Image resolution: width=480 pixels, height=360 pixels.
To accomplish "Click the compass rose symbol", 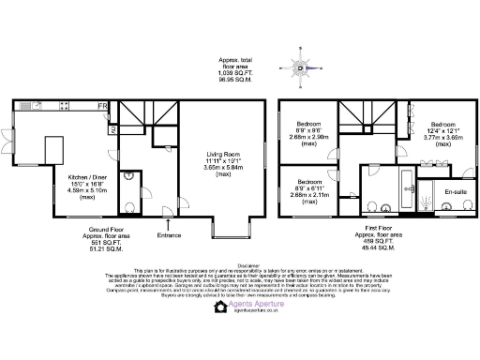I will coord(300,67).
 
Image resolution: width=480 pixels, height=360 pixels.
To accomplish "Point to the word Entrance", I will coord(169,234).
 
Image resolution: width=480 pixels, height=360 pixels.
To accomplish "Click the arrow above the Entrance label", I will coord(167,224).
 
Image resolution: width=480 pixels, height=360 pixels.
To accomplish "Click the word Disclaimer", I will coord(240,264).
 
